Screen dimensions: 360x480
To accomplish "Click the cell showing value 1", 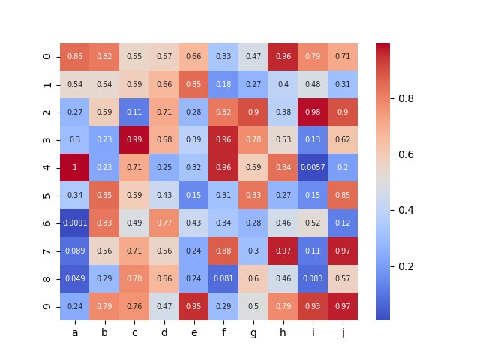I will point(75,168).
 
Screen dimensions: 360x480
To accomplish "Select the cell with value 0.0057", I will point(313,168).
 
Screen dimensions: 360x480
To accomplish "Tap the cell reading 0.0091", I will point(75,223).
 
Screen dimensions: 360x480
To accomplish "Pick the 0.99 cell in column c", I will point(134,140).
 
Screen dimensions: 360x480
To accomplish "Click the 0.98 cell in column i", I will point(313,112).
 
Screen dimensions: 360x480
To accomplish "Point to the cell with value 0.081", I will point(223,279).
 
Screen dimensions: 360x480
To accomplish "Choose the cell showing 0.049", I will point(75,279).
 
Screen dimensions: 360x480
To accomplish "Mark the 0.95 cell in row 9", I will point(193,307).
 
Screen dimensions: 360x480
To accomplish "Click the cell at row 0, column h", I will point(283,57).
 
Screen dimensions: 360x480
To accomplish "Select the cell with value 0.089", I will point(75,251).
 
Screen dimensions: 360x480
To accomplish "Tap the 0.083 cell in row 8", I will point(313,279).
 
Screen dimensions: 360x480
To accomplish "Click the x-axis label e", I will point(193,332).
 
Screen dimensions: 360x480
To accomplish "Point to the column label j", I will point(343,332).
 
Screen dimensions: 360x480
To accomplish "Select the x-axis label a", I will point(75,332).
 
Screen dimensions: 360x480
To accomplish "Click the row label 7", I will point(47,251).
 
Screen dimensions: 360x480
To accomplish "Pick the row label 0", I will point(47,57).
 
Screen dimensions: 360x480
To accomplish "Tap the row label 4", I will point(47,168).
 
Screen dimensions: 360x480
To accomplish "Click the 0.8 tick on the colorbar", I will point(406,97).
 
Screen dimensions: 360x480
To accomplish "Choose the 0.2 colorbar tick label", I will point(406,266).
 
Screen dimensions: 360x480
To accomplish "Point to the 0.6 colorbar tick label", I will point(406,154).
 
